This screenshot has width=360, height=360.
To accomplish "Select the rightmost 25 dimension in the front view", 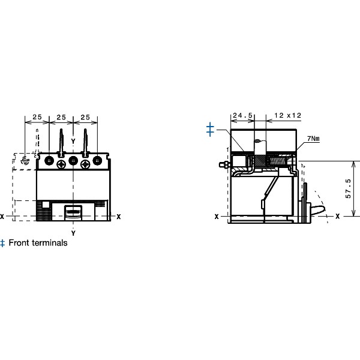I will pyautogui.click(x=85, y=116).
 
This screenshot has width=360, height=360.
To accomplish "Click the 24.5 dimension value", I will pyautogui.click(x=242, y=115).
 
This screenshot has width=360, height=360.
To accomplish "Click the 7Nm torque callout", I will pyautogui.click(x=313, y=138).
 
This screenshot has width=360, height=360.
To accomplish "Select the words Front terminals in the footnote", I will pyautogui.click(x=38, y=243).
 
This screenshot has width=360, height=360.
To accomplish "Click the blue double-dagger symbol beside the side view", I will pyautogui.click(x=210, y=130).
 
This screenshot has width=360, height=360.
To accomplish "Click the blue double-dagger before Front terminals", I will pyautogui.click(x=3, y=243).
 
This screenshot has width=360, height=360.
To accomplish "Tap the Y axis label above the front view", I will pyautogui.click(x=73, y=141).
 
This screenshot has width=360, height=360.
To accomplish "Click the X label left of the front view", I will pyautogui.click(x=2, y=216).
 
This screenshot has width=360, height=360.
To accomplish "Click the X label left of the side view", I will pyautogui.click(x=216, y=216).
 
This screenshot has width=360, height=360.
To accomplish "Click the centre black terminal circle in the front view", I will pyautogui.click(x=73, y=161).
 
